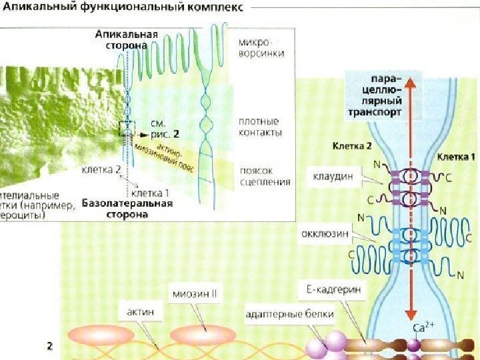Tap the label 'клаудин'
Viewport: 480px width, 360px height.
pos(331,179)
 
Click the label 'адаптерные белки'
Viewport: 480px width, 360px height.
pos(289,313)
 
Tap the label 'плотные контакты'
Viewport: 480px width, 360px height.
pos(259,127)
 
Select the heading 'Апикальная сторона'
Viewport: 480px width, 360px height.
pos(126,40)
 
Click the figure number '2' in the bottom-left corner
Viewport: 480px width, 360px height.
pos(49,345)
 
